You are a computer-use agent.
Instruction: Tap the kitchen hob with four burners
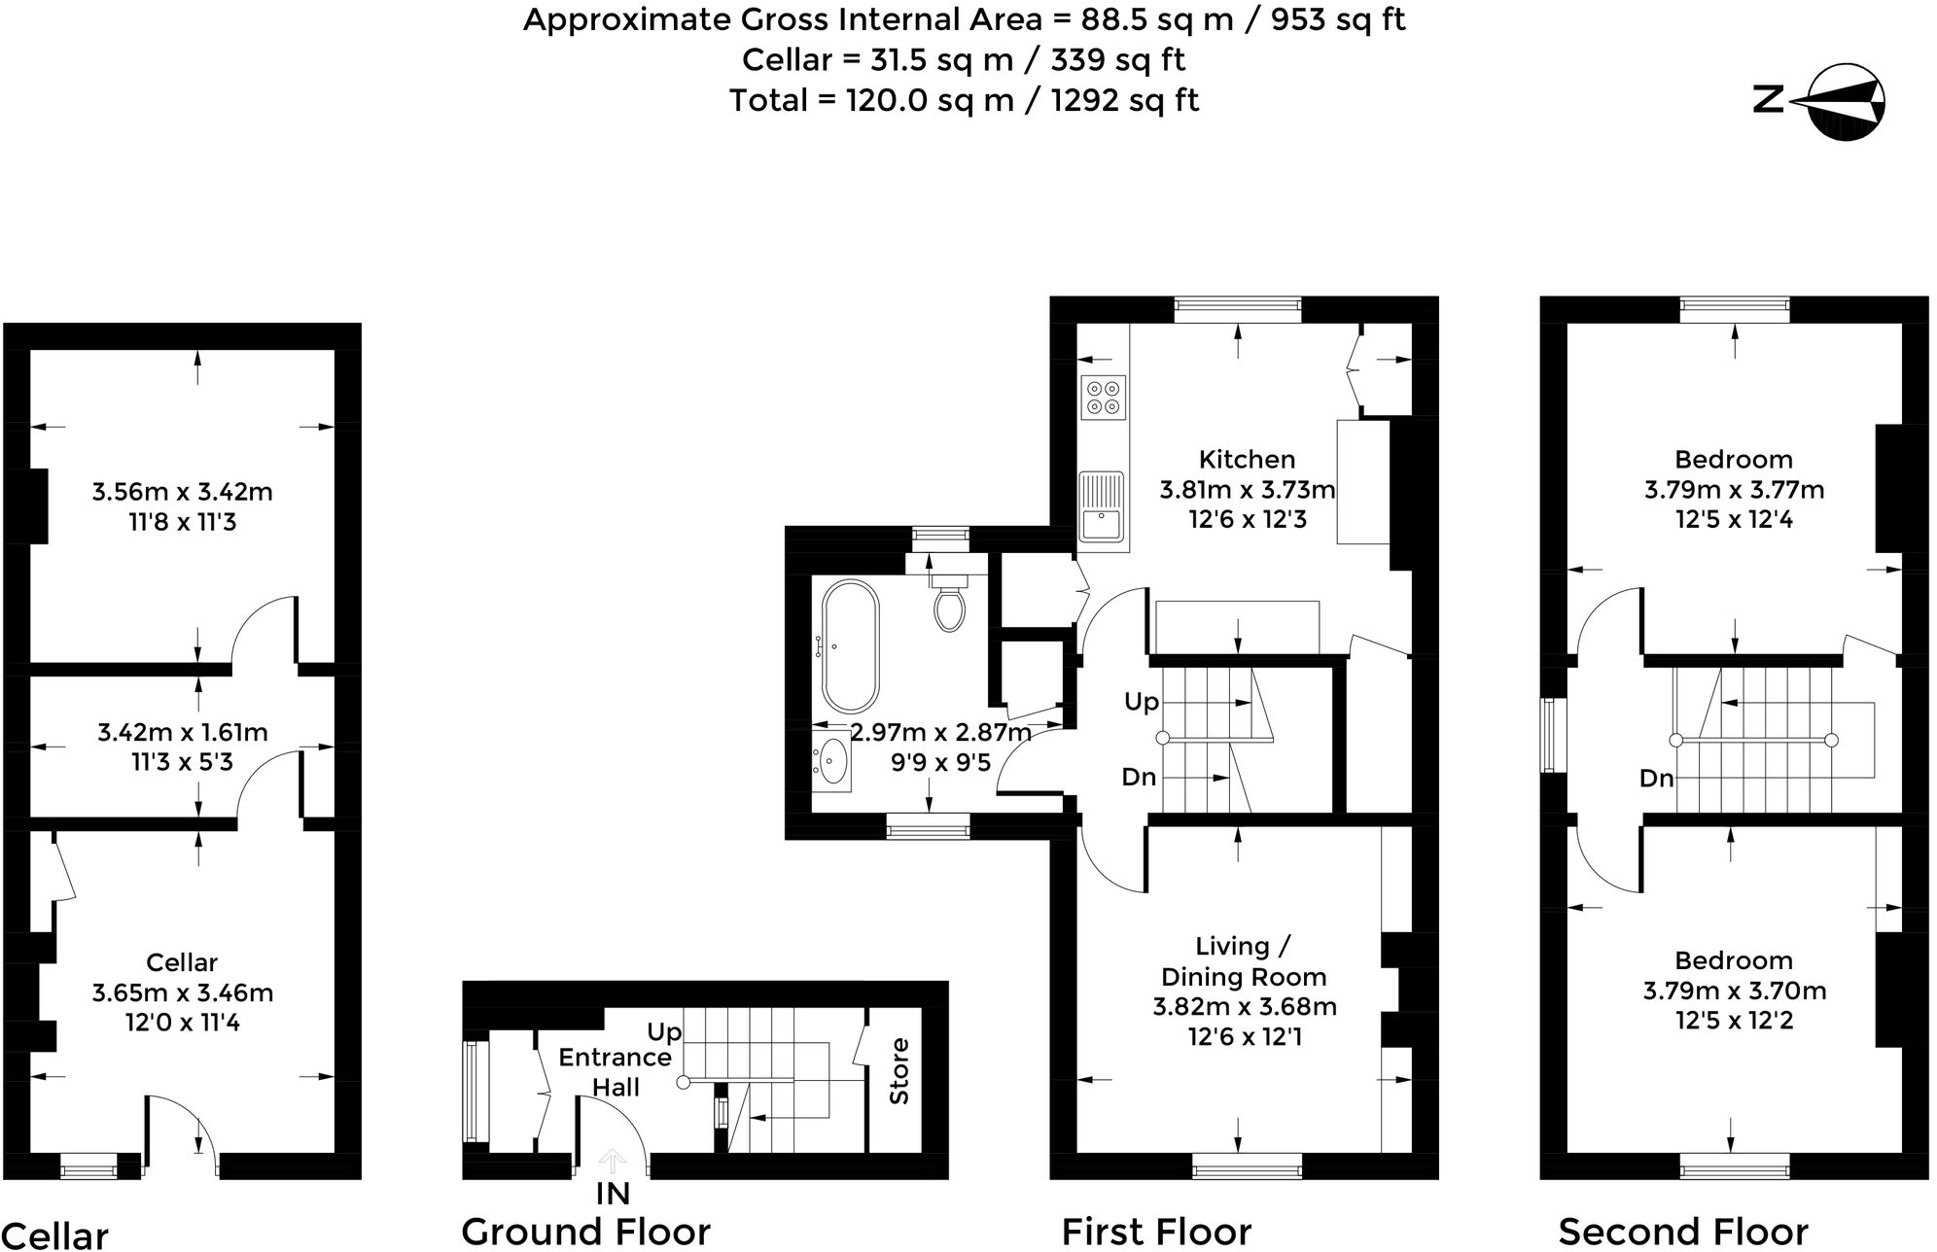click(1103, 397)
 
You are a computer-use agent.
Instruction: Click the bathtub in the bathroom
click(850, 645)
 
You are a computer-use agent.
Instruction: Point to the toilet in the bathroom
click(949, 603)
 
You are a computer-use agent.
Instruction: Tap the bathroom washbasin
click(832, 760)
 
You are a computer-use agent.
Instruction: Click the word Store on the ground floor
click(899, 1070)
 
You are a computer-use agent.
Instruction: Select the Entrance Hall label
click(615, 1071)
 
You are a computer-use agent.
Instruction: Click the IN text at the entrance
click(613, 1193)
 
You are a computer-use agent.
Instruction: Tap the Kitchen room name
click(1247, 459)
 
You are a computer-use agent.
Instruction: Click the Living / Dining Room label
click(1244, 960)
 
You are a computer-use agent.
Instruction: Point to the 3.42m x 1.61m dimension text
click(182, 732)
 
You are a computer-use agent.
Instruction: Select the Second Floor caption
click(1683, 1231)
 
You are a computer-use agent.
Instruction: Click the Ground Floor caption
click(585, 1231)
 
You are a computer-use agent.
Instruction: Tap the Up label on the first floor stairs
click(1141, 701)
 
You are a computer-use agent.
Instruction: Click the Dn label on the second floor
click(1656, 778)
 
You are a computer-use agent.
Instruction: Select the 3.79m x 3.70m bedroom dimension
click(1734, 991)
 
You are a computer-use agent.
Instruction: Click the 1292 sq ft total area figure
click(1124, 100)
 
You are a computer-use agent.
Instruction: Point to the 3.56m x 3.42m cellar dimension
click(182, 492)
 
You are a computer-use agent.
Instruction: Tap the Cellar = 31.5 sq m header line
click(963, 59)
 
